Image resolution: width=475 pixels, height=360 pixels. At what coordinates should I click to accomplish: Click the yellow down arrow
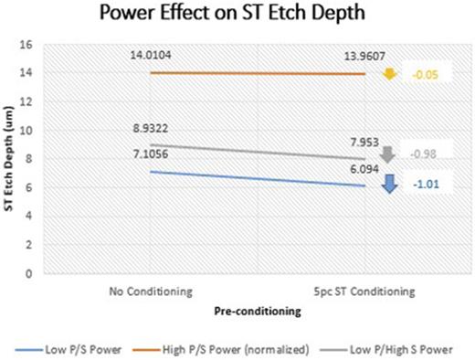pyautogui.click(x=389, y=73)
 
